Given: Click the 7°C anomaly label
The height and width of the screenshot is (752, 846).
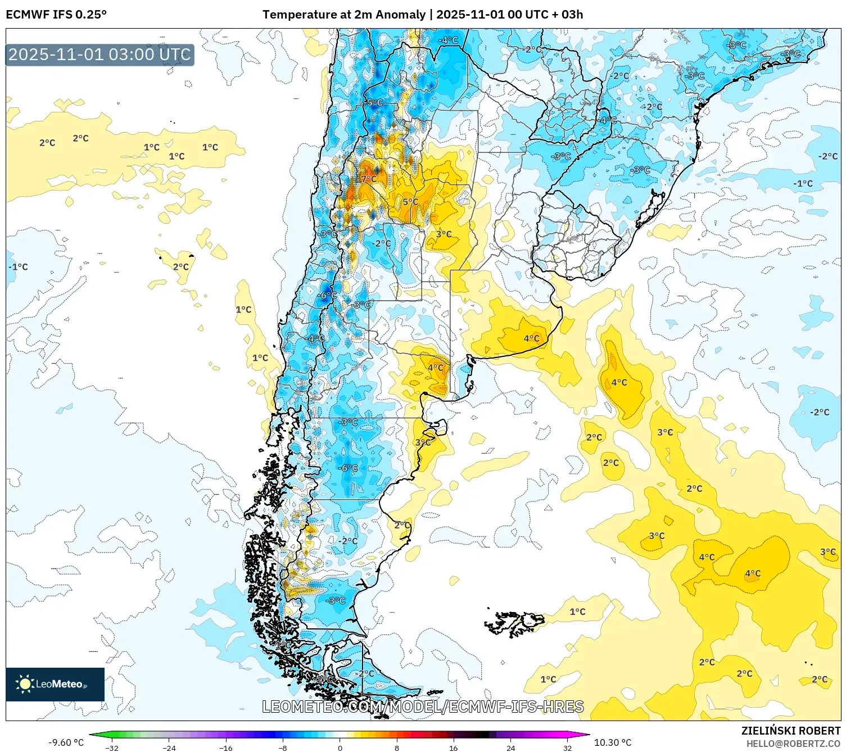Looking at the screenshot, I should [369, 179].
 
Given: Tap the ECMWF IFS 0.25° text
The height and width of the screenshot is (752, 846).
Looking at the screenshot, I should [56, 15].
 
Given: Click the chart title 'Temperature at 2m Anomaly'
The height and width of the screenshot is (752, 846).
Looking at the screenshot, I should [343, 15].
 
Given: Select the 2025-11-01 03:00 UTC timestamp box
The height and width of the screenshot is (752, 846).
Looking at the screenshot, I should [100, 55].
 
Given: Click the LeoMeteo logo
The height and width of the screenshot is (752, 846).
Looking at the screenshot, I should [55, 684].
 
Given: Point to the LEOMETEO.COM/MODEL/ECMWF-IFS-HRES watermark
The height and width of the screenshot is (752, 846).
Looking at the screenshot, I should [423, 706].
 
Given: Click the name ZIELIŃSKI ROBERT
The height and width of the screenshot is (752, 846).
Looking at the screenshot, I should [790, 731].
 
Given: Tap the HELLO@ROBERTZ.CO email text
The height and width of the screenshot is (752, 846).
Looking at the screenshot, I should [793, 744].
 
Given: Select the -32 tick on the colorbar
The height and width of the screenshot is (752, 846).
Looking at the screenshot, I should [112, 748].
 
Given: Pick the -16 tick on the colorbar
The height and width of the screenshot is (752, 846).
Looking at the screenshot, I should [226, 748].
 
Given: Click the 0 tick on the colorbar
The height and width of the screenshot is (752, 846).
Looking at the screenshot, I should [340, 748].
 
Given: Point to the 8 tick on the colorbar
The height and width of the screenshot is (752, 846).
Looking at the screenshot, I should [397, 748].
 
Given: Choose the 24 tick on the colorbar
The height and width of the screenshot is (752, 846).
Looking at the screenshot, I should [510, 748].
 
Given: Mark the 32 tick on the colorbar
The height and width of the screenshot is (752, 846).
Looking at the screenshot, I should [567, 748].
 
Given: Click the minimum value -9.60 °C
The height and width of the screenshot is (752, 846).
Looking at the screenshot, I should [66, 742].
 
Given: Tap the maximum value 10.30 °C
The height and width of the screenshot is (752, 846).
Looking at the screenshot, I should [613, 742].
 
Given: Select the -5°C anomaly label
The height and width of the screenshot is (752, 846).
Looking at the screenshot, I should [374, 102].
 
